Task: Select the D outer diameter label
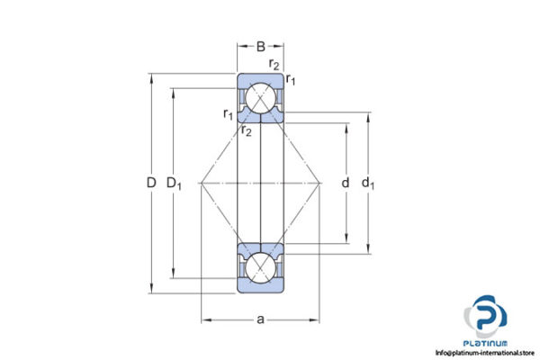150,184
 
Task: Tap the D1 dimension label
175,184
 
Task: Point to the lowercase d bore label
346,184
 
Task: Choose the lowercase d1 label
367,184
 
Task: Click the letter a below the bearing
261,319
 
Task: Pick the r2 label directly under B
274,64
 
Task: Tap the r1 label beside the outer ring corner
291,82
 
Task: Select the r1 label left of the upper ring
229,113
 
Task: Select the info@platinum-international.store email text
485,353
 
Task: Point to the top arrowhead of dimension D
150,76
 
